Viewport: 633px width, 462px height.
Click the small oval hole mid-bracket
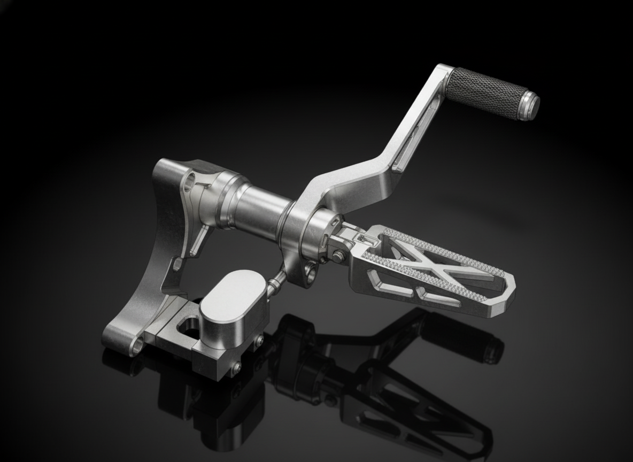[176, 264]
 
